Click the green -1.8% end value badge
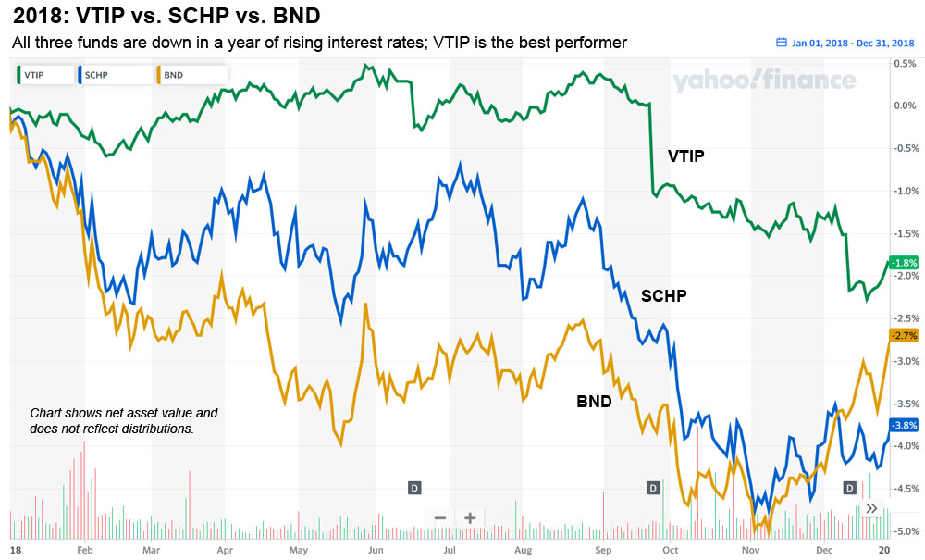tap(902, 262)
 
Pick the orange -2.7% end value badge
tap(902, 335)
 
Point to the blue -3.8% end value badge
tap(902, 425)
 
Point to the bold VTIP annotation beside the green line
tap(685, 156)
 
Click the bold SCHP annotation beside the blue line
tap(664, 295)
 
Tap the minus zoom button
tap(440, 517)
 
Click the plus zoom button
tap(470, 517)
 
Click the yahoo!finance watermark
tap(764, 81)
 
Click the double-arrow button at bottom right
tap(870, 508)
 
